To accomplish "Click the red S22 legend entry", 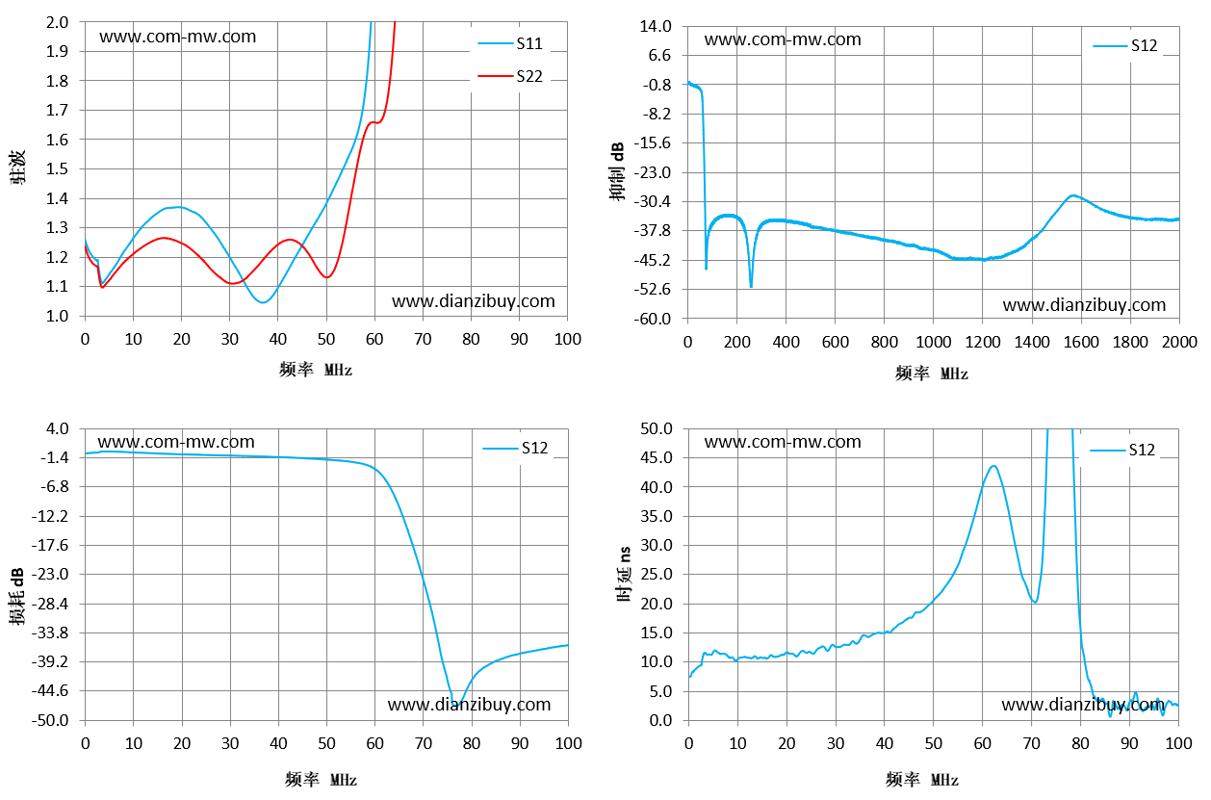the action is [x=510, y=76].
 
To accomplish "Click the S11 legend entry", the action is [x=510, y=43].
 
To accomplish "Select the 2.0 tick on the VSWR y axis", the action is [x=58, y=23].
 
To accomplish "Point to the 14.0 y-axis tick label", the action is [x=656, y=26].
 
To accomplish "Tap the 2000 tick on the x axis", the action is [x=1179, y=342].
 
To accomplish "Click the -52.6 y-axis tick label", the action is [x=652, y=290].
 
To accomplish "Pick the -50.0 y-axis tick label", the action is [x=50, y=720].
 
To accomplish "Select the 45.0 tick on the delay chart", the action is [x=657, y=458].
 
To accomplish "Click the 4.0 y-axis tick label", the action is [x=58, y=428].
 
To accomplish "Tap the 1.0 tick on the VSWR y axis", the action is [x=58, y=316].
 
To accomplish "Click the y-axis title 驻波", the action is [x=18, y=168].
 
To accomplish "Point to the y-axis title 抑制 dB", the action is [x=617, y=172].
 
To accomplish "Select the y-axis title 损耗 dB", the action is [x=16, y=596].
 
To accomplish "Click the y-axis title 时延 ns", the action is [x=624, y=574].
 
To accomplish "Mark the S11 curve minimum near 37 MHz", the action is [x=264, y=302].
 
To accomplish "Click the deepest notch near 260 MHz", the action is [x=751, y=285].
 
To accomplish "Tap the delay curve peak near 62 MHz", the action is [x=993, y=466].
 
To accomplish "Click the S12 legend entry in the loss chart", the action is [x=515, y=448].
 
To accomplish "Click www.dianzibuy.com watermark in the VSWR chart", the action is [x=474, y=301].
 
